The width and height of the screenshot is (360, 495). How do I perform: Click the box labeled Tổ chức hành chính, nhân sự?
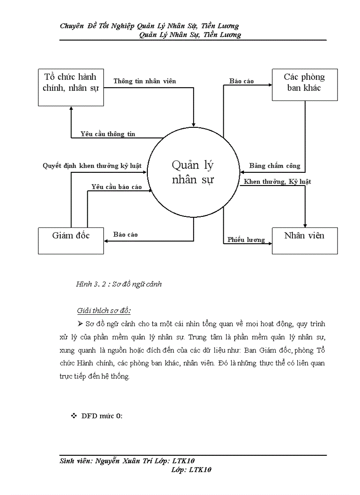tap(71, 87)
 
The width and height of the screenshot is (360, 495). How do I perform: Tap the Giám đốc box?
tap(71, 241)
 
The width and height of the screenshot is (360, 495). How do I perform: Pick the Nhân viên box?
tap(304, 241)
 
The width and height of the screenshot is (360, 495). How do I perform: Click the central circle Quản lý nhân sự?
tap(193, 173)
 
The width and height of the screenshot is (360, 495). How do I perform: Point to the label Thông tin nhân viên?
tap(145, 81)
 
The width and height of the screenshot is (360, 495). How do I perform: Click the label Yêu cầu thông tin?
tap(108, 134)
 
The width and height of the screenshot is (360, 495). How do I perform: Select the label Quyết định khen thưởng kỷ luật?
tap(92, 166)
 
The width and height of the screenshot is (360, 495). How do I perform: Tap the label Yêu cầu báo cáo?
tap(116, 187)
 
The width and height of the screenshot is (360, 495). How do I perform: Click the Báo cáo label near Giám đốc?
tap(125, 234)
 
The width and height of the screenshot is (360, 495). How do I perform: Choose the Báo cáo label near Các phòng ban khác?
tap(242, 81)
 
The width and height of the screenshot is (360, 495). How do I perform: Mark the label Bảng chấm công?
tap(274, 166)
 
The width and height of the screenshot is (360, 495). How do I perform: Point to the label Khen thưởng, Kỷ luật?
tap(277, 182)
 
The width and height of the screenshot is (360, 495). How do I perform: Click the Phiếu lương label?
tap(246, 240)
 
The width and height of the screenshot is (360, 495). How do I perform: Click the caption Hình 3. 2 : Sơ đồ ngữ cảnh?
tap(119, 284)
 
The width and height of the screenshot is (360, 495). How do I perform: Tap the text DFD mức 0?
tap(102, 416)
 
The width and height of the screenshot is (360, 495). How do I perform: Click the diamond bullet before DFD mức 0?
tap(74, 416)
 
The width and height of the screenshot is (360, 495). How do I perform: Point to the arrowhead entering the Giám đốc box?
tap(106, 241)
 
